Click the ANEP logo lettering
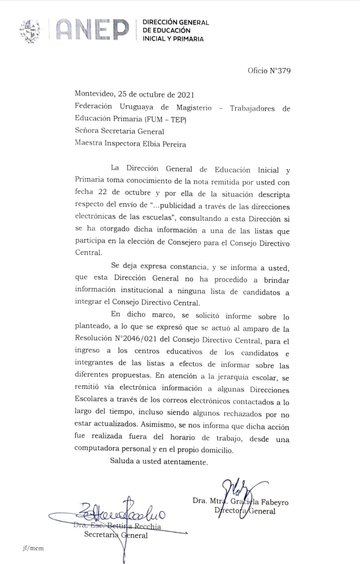pyautogui.click(x=92, y=30)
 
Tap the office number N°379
pyautogui.click(x=279, y=70)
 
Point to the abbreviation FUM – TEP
pyautogui.click(x=165, y=119)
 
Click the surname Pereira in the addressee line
pyautogui.click(x=174, y=144)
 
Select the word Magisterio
pyautogui.click(x=194, y=108)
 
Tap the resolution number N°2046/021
pyautogui.click(x=136, y=338)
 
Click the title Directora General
pyautogui.click(x=245, y=511)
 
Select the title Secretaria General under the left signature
pyautogui.click(x=116, y=535)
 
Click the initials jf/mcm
pyautogui.click(x=33, y=548)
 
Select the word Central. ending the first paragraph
pyautogui.click(x=88, y=252)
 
